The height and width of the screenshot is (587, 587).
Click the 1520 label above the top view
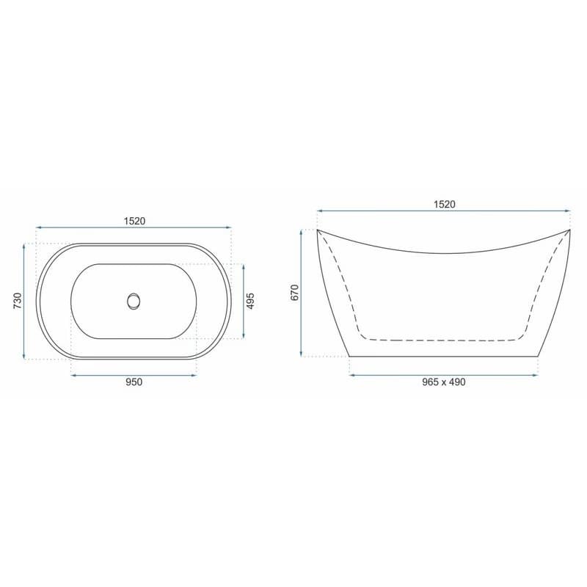[134, 221]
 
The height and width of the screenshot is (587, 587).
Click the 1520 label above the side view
[445, 204]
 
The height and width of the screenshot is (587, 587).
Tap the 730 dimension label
[18, 301]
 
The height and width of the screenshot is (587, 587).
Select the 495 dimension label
[250, 301]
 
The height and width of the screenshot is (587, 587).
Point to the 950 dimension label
[134, 382]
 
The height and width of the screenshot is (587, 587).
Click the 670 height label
[295, 292]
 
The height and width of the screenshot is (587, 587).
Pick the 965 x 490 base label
[444, 382]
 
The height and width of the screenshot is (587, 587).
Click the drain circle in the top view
[134, 301]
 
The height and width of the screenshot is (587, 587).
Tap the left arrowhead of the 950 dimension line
[73, 375]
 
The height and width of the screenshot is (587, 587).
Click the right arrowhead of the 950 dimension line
[194, 375]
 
